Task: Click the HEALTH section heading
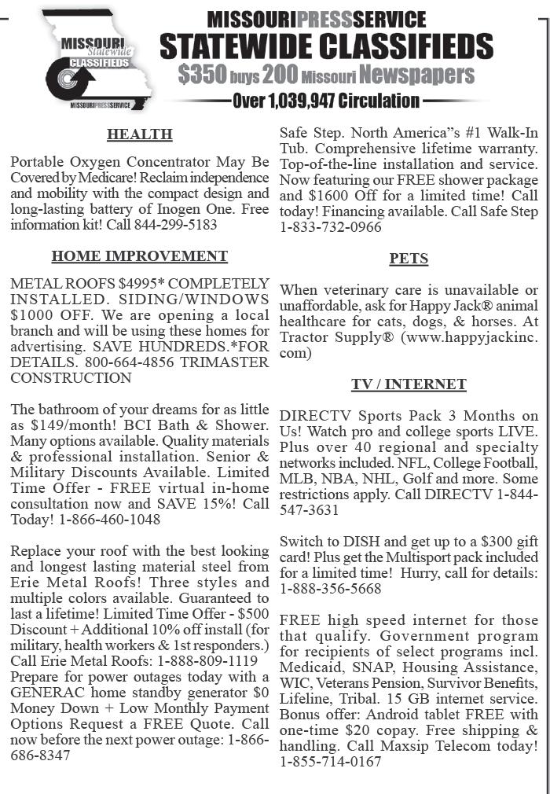coord(139,134)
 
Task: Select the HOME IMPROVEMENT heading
coord(139,256)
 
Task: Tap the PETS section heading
coord(409,259)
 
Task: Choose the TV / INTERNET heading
coord(409,384)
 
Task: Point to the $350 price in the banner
coord(202,75)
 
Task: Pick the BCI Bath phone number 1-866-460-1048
coord(109,520)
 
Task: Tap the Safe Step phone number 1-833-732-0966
coord(331,227)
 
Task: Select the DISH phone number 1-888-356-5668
coord(331,589)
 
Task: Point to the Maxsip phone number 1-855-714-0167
coord(331,762)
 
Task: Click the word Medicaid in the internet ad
coord(309,667)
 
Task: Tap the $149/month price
coord(74,425)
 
